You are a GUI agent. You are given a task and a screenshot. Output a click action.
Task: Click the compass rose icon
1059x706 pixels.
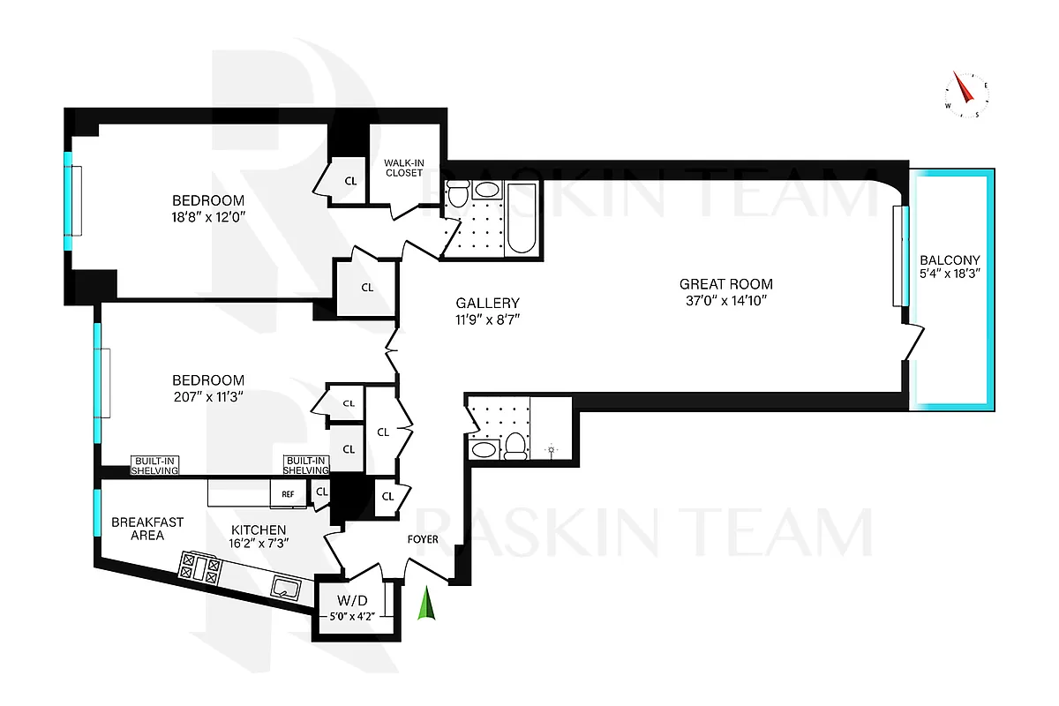pyautogui.click(x=966, y=95)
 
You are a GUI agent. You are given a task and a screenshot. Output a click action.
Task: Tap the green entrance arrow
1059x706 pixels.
pyautogui.click(x=428, y=605)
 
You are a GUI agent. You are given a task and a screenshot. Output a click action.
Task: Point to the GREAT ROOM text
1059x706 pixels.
pyautogui.click(x=725, y=284)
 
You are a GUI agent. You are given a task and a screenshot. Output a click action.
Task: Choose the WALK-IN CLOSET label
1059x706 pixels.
pyautogui.click(x=403, y=167)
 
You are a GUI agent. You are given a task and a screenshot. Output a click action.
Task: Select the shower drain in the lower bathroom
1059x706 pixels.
pyautogui.click(x=552, y=450)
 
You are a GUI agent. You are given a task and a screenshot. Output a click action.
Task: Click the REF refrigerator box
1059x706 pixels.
pyautogui.click(x=288, y=494)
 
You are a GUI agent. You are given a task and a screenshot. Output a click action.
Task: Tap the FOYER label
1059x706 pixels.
pyautogui.click(x=422, y=539)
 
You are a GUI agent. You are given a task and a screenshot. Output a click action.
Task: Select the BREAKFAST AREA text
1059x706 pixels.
pyautogui.click(x=147, y=529)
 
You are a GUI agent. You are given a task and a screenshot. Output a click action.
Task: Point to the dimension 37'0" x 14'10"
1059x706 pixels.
pyautogui.click(x=725, y=301)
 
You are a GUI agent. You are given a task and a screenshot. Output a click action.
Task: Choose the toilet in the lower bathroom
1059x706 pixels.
pyautogui.click(x=514, y=446)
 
